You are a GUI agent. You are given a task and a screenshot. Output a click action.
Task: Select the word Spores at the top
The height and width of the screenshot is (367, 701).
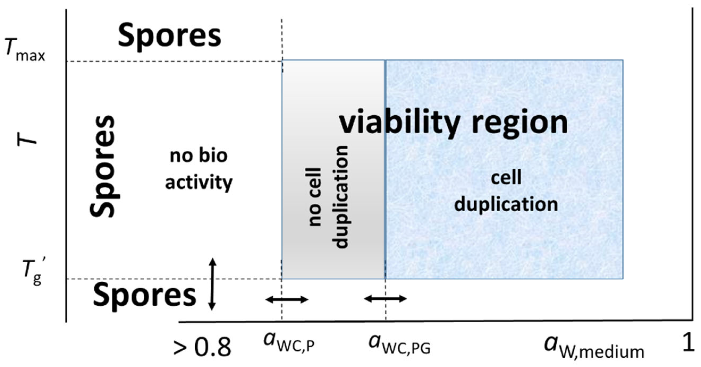click(169, 36)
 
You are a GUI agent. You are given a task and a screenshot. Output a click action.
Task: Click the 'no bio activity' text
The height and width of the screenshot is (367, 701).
click(199, 169)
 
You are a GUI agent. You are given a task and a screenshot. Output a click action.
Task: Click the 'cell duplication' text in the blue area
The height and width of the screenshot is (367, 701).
click(506, 192)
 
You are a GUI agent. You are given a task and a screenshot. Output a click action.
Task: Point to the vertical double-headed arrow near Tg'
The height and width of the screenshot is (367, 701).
click(213, 284)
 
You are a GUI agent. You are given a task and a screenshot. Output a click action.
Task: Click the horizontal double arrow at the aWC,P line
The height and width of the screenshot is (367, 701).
click(287, 299)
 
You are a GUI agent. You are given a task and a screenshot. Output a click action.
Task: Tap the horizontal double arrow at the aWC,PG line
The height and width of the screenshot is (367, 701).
click(385, 298)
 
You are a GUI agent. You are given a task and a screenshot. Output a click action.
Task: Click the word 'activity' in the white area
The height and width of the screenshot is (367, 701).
click(199, 183)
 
